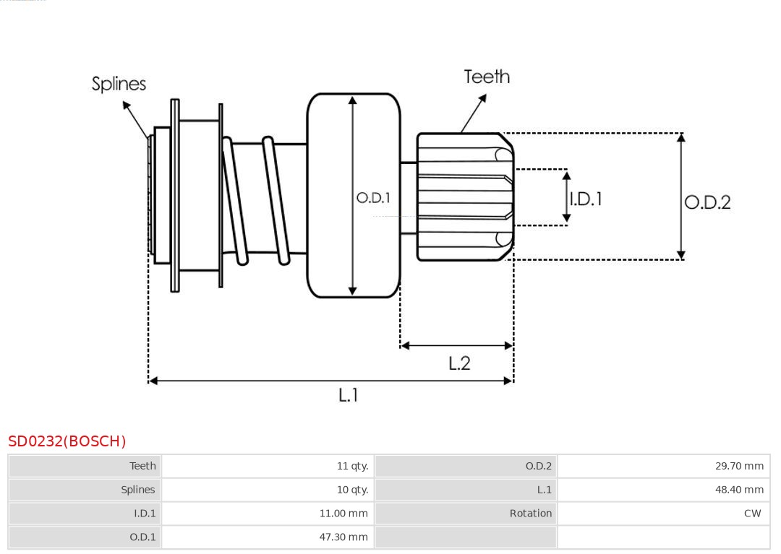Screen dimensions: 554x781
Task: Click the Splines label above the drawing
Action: (119, 84)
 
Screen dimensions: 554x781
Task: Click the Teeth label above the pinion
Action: (487, 77)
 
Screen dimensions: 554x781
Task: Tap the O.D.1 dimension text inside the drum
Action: (373, 198)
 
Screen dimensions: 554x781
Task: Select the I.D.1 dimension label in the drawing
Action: (586, 199)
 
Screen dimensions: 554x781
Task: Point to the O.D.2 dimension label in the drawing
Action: (707, 202)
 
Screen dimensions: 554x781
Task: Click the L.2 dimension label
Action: (459, 363)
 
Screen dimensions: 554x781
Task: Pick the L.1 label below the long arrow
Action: (349, 395)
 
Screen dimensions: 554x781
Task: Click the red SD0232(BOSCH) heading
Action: (67, 441)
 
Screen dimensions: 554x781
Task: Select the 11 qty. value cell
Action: (352, 466)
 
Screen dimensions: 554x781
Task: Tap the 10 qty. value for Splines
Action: (352, 490)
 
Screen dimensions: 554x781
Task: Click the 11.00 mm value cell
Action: (343, 514)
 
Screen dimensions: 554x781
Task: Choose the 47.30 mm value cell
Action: (343, 537)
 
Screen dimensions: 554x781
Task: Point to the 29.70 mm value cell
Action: (739, 466)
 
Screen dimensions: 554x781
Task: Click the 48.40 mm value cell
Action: (739, 490)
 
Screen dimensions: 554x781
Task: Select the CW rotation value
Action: (752, 514)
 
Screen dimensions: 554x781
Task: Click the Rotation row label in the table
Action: (530, 514)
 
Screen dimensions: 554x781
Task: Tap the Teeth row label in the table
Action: (142, 466)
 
